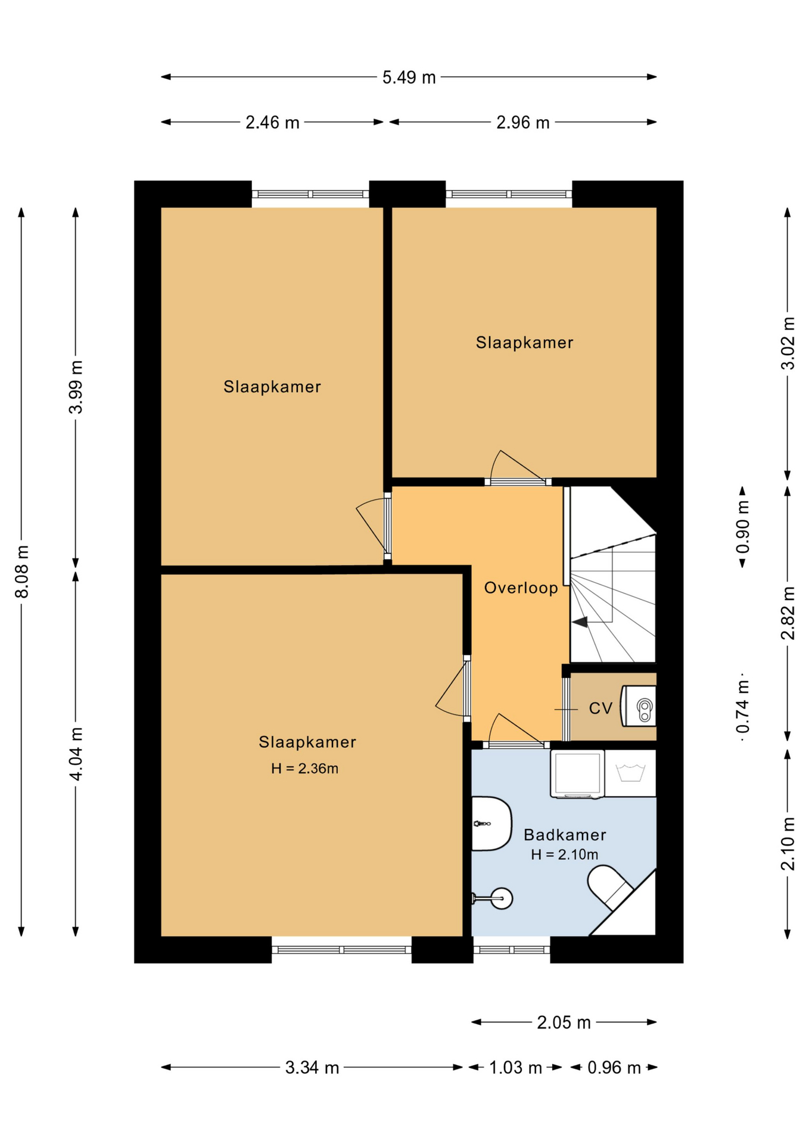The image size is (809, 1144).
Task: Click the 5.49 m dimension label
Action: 409,77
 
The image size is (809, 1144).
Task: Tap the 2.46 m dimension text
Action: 272,123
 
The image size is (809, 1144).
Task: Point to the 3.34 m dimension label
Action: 312,1068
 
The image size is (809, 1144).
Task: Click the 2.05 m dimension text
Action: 564,1022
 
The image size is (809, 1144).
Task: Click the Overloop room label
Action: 521,588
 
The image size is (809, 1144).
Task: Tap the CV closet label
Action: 600,708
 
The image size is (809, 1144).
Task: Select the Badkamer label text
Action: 565,835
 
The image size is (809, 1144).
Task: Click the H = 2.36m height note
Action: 304,769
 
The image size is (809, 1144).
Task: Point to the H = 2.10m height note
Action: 564,854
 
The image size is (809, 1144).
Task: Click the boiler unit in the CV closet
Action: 639,706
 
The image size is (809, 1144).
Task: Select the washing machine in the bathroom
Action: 577,774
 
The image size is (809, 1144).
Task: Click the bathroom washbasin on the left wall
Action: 491,823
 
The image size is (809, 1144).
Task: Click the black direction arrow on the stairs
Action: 580,621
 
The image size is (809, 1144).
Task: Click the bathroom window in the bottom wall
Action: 512,950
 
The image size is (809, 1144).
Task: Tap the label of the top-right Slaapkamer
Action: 524,343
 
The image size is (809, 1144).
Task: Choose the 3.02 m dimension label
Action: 788,344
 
